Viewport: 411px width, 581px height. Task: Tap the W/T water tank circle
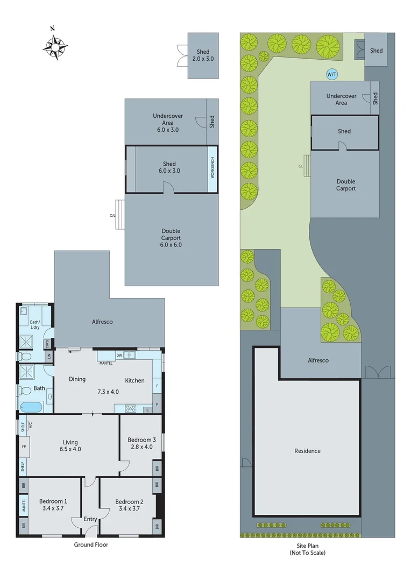[x=332, y=75]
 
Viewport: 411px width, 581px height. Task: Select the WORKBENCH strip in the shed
[x=212, y=169]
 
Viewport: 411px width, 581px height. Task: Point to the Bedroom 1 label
[x=53, y=501]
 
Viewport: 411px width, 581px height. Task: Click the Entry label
[x=90, y=519]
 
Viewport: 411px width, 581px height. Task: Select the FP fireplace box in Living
[x=24, y=447]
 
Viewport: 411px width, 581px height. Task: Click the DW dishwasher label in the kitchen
[x=119, y=355]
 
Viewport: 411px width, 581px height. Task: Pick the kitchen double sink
[x=129, y=355]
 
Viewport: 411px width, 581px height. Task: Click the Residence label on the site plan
[x=307, y=451]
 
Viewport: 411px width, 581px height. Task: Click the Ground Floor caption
[x=91, y=544]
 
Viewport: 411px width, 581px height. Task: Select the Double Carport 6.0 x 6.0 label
[x=171, y=238]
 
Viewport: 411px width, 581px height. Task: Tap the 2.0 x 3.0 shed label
[x=203, y=59]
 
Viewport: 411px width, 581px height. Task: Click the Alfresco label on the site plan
[x=318, y=360]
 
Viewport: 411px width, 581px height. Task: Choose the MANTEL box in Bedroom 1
[x=24, y=505]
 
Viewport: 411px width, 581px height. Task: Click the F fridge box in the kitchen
[x=157, y=386]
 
